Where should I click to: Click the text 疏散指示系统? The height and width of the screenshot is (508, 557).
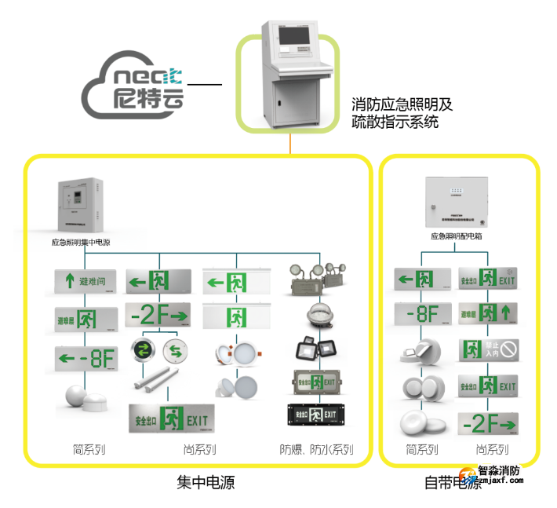[x=395, y=122]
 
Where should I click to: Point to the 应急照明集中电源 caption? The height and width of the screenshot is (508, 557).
[x=81, y=243]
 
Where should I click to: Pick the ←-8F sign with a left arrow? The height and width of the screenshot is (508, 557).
[x=86, y=360]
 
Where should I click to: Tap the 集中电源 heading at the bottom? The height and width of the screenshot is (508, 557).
[x=206, y=482]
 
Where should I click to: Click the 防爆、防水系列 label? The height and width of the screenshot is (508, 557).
[x=317, y=450]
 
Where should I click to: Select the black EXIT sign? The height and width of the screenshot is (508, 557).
[x=316, y=414]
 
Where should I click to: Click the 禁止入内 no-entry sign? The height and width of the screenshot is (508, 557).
[x=487, y=349]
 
